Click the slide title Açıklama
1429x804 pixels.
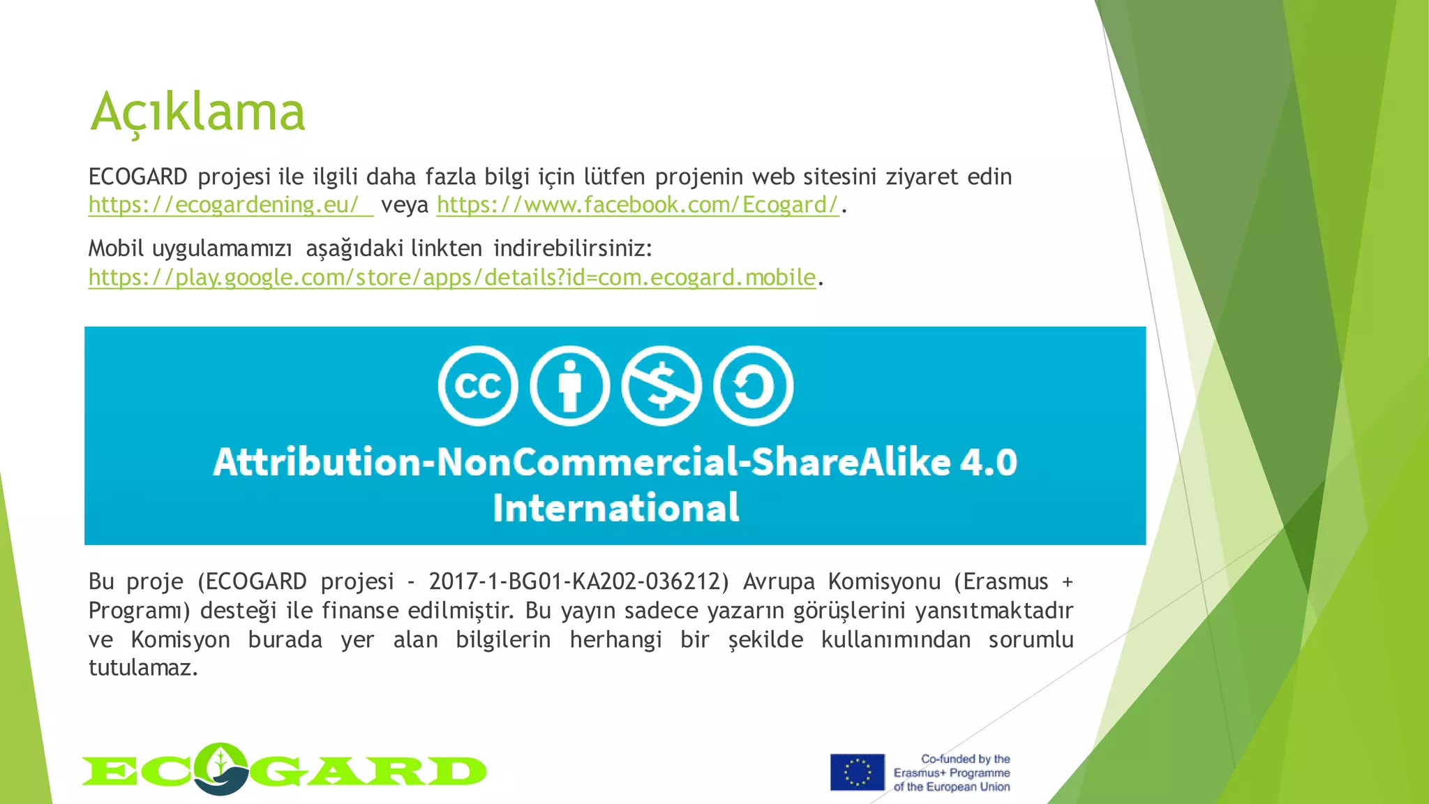(198, 112)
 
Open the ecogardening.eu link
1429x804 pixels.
(223, 205)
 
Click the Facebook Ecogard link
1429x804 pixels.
(637, 205)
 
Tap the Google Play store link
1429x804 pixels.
(451, 278)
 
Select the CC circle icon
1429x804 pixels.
(478, 386)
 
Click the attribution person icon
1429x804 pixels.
(569, 386)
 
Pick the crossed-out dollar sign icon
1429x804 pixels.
(661, 386)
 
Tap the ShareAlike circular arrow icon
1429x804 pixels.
(753, 386)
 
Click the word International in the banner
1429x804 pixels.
(615, 507)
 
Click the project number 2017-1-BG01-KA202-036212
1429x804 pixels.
(578, 581)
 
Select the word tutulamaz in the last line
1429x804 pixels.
(143, 668)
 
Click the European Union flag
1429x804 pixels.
(857, 772)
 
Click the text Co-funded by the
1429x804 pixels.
(965, 759)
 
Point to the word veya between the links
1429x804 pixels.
(405, 205)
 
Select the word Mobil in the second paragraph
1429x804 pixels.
(116, 248)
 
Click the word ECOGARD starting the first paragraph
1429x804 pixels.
(137, 177)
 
